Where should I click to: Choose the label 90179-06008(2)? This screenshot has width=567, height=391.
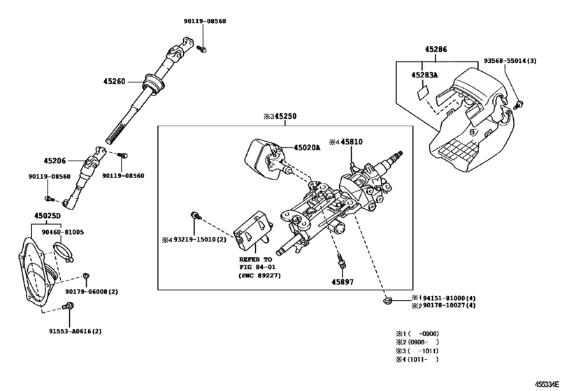(92, 291)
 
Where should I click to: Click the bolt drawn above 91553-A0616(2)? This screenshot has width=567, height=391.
(69, 306)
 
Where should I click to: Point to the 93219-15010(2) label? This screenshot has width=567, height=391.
(196, 239)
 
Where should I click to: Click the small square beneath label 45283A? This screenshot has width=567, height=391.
(422, 91)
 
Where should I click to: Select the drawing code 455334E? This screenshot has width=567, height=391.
(551, 384)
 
